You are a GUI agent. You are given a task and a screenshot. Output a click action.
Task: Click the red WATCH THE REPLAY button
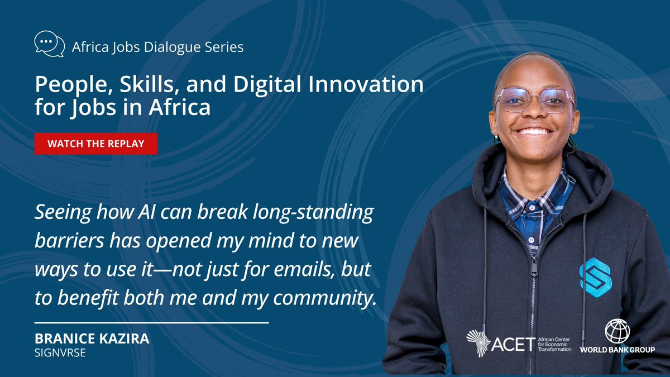(x=95, y=144)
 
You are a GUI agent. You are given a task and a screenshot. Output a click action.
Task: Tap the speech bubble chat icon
(x=49, y=44)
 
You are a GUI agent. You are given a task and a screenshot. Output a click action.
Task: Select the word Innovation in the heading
(x=366, y=84)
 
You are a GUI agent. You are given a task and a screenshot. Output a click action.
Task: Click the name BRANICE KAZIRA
(x=92, y=338)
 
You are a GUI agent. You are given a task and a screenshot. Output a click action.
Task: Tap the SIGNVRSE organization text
(x=60, y=353)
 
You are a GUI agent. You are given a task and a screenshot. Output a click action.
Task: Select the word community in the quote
(x=325, y=299)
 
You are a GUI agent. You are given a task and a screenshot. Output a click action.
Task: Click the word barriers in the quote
(x=69, y=241)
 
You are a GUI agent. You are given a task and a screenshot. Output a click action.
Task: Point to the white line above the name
(x=152, y=323)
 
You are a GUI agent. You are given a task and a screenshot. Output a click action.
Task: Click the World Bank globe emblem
(x=617, y=331)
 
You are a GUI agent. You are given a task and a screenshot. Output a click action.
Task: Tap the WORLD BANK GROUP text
(x=618, y=350)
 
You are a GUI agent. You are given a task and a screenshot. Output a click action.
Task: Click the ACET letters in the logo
(x=513, y=345)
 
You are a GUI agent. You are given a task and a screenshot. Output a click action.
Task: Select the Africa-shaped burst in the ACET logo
(x=478, y=343)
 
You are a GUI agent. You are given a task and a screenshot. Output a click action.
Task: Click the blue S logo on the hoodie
(x=596, y=278)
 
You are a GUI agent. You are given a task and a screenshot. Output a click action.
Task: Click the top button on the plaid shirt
(x=532, y=207)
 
